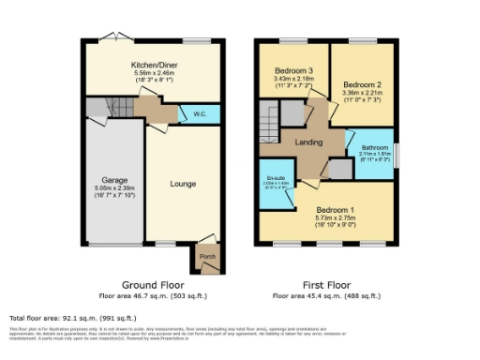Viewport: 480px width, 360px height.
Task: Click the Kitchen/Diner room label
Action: (x=155, y=65)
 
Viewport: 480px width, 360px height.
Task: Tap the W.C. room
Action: (x=200, y=114)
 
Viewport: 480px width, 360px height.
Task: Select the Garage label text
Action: (x=114, y=179)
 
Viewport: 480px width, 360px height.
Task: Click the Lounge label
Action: (x=183, y=184)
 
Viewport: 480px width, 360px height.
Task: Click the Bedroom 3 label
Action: (x=292, y=71)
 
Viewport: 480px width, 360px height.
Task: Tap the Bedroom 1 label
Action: (x=334, y=209)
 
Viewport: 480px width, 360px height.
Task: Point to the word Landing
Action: (x=309, y=142)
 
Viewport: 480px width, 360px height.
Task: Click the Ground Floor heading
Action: (x=154, y=285)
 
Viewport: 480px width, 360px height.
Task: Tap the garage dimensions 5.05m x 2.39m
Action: (x=114, y=187)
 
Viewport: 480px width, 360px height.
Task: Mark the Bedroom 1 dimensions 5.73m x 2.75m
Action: (x=334, y=217)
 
